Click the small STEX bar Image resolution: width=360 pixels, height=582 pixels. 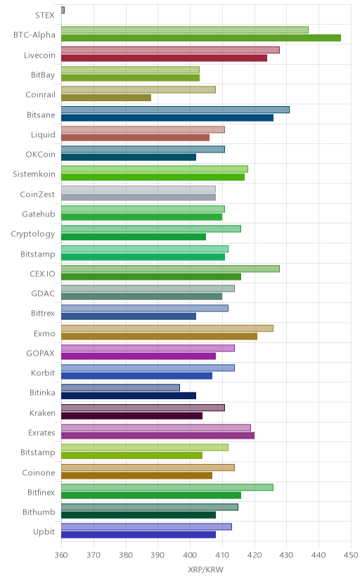63,10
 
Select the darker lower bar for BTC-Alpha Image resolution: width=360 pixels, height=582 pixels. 201,38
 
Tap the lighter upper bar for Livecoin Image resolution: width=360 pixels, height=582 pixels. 170,50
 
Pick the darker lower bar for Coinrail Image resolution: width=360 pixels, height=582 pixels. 106,98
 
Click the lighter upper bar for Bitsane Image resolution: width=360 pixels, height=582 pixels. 175,110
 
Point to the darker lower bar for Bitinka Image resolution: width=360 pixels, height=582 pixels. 129,396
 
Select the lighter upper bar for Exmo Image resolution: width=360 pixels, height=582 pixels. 167,328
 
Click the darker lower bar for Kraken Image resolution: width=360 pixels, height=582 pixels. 131,415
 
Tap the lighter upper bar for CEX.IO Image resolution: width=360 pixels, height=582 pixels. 170,269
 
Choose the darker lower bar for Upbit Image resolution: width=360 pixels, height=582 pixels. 139,535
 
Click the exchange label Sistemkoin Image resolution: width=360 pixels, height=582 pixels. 34,174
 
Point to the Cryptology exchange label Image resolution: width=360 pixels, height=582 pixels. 32,234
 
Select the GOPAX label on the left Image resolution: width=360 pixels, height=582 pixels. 40,353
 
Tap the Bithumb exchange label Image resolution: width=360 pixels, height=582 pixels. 39,512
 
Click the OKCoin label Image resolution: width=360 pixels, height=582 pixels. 40,154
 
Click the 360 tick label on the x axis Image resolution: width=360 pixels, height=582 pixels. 61,555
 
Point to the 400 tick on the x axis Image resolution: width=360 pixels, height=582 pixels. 190,555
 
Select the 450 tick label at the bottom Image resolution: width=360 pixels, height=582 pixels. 351,555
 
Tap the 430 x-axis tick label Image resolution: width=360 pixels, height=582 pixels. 286,555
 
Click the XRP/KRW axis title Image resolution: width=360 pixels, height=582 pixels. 206,570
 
